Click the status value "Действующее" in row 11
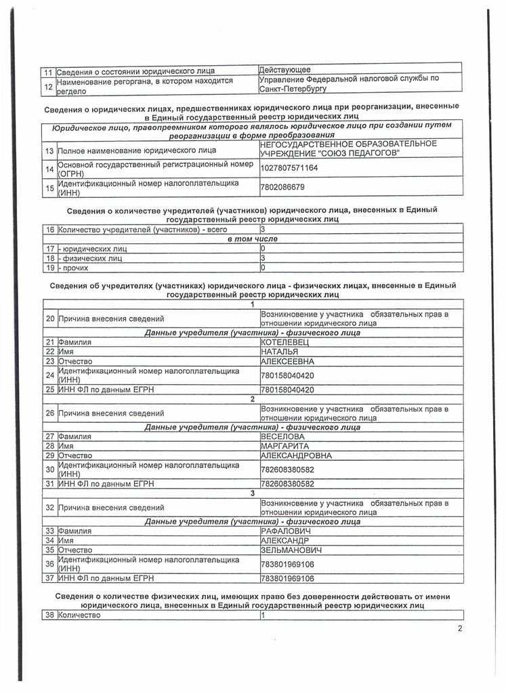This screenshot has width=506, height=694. [x=285, y=69]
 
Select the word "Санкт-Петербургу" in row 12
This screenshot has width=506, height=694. [x=293, y=88]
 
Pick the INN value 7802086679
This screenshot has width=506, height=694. [x=282, y=186]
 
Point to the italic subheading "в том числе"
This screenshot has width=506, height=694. [x=252, y=239]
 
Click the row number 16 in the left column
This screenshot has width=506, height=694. [x=49, y=230]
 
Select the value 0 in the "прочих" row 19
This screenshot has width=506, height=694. [x=263, y=267]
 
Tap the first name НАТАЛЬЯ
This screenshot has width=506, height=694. [x=280, y=352]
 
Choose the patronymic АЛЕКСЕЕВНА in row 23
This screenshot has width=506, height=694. [x=287, y=361]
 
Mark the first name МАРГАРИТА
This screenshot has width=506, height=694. [x=285, y=446]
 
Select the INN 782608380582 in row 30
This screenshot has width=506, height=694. [x=287, y=470]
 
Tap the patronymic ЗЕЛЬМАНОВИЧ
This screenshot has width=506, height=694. [x=291, y=550]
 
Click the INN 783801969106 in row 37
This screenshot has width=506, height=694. [x=287, y=578]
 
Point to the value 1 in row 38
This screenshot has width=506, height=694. [x=263, y=615]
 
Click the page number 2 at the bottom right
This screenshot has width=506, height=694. [x=460, y=628]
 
